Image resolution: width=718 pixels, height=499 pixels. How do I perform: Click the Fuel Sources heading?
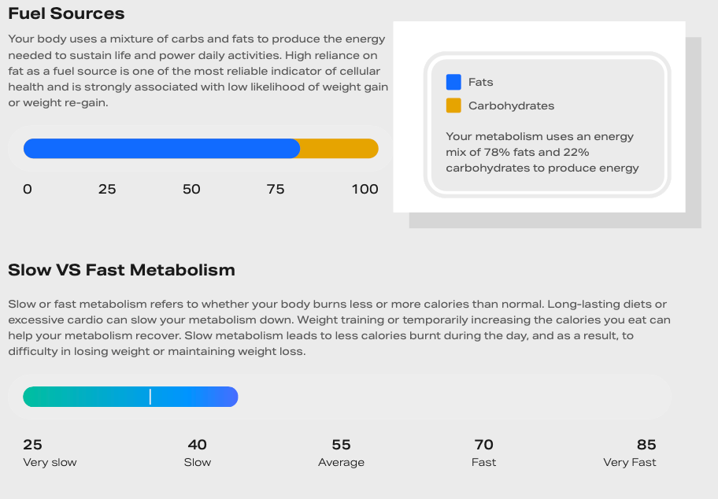pyautogui.click(x=66, y=13)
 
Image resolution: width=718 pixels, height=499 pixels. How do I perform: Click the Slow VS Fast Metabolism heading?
pyautogui.click(x=121, y=270)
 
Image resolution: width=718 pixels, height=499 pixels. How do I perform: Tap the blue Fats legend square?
pyautogui.click(x=453, y=82)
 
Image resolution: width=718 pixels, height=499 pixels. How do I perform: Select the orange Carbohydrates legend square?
pyautogui.click(x=453, y=105)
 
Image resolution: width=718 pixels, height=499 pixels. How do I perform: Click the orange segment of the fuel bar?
pyautogui.click(x=339, y=149)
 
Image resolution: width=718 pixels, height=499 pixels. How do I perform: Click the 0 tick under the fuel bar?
pyautogui.click(x=28, y=189)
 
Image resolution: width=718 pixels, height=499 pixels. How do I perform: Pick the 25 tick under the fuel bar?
pyautogui.click(x=107, y=189)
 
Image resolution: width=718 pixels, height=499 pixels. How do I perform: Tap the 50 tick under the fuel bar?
pyautogui.click(x=191, y=189)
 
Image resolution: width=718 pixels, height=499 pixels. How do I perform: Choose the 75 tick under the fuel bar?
pyautogui.click(x=276, y=189)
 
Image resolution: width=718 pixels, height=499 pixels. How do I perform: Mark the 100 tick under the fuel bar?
pyautogui.click(x=365, y=189)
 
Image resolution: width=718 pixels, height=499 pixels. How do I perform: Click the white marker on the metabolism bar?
pyautogui.click(x=150, y=397)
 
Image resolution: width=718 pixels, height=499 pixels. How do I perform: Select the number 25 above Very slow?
pyautogui.click(x=32, y=445)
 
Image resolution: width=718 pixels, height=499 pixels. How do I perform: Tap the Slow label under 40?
pyautogui.click(x=198, y=462)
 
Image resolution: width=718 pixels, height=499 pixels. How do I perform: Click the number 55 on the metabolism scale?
pyautogui.click(x=341, y=445)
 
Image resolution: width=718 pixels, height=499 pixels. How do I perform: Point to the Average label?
pyautogui.click(x=341, y=462)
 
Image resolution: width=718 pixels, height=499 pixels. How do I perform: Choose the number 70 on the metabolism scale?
pyautogui.click(x=483, y=445)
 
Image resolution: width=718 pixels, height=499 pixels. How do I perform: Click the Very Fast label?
pyautogui.click(x=629, y=462)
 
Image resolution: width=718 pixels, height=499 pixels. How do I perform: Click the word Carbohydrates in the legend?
pyautogui.click(x=511, y=105)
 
